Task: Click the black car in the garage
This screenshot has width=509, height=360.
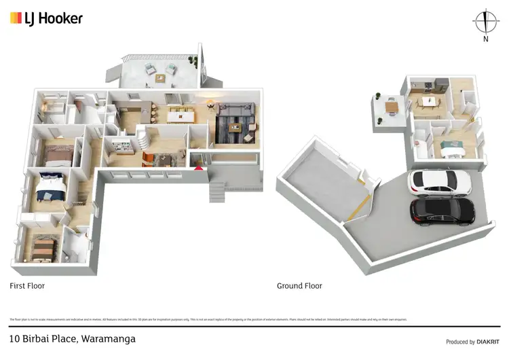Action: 442,211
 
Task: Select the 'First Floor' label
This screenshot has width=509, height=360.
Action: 27,286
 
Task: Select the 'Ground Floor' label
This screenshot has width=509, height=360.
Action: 299,286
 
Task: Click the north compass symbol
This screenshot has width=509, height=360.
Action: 485,22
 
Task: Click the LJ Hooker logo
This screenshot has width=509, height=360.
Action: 46,18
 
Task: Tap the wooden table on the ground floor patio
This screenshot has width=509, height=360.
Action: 390,106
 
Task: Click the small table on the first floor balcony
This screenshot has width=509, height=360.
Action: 160,77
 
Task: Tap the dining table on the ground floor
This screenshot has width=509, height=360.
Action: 428,101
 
